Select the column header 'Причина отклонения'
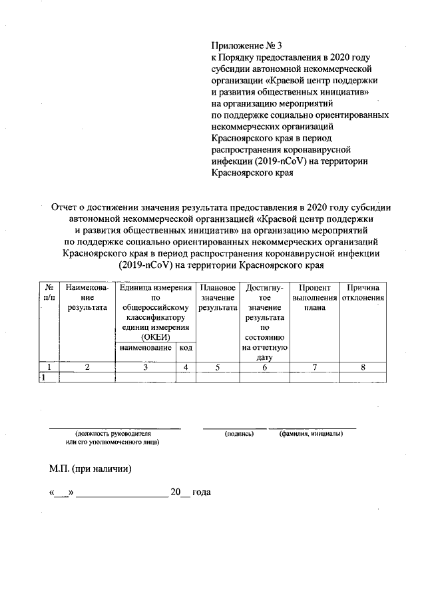point(363,292)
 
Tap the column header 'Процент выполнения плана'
point(315,297)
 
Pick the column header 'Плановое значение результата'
point(217,297)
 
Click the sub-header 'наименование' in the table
point(145,348)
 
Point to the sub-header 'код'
point(186,348)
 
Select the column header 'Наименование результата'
point(87,297)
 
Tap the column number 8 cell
point(363,366)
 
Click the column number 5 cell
point(217,366)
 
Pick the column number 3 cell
point(145,366)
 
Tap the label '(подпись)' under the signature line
point(240,433)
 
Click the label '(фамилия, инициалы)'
point(311,433)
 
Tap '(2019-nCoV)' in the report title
point(144,265)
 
